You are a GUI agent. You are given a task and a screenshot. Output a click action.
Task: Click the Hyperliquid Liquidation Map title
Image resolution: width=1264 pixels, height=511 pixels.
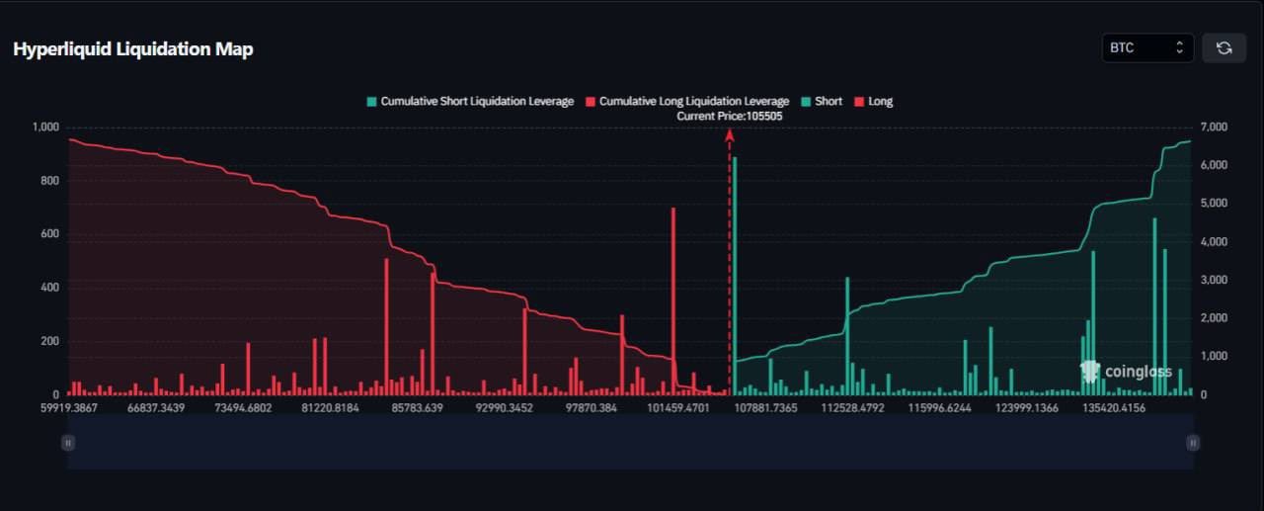[x=133, y=49]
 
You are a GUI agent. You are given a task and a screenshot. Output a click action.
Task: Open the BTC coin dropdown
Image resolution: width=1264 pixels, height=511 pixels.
[x=1146, y=47]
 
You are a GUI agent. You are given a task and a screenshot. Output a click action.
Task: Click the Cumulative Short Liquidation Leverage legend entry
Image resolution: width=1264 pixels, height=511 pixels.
[x=470, y=101]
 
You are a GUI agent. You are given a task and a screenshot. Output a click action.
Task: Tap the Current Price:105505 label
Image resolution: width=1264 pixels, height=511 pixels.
[x=729, y=117]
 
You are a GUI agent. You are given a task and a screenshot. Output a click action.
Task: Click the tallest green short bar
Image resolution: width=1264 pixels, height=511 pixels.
[x=735, y=275]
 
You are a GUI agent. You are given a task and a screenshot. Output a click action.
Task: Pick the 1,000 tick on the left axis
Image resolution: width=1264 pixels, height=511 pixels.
[x=46, y=128]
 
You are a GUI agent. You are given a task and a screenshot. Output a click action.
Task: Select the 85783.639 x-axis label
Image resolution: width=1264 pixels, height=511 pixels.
[x=417, y=407]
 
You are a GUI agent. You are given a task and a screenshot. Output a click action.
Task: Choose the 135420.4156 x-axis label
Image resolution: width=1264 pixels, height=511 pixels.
[x=1114, y=407]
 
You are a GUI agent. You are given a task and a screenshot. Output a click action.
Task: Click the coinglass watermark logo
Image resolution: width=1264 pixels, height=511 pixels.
[x=1126, y=372]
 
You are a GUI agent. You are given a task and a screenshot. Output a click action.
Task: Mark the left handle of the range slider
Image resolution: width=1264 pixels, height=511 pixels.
[x=68, y=443]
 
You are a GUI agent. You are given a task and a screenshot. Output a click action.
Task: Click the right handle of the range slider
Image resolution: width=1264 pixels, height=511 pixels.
[x=1193, y=443]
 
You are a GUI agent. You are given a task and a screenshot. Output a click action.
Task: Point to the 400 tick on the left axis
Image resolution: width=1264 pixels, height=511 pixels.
[x=49, y=288]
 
